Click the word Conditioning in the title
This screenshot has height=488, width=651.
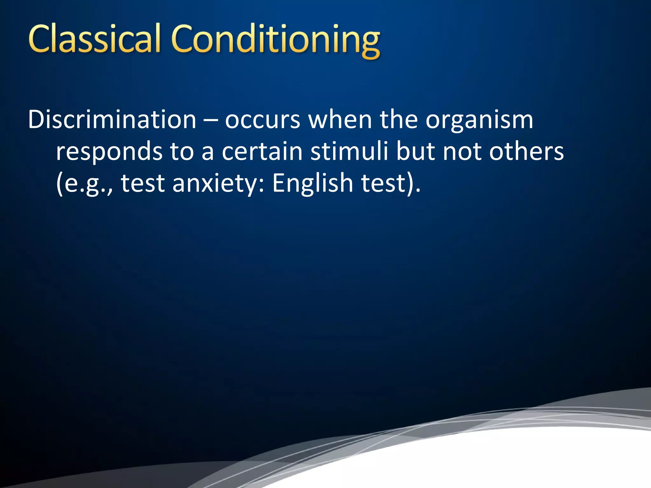pyautogui.click(x=275, y=40)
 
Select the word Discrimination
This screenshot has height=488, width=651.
pyautogui.click(x=112, y=120)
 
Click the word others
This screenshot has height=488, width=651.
pyautogui.click(x=526, y=152)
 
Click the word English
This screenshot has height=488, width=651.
pyautogui.click(x=312, y=183)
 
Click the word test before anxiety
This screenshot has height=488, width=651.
pyautogui.click(x=143, y=184)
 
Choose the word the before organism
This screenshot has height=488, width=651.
pyautogui.click(x=399, y=120)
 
